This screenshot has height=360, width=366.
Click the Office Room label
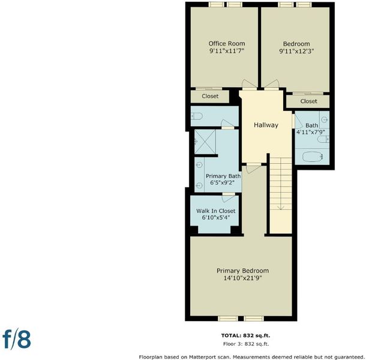tap(227, 44)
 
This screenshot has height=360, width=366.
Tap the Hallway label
tap(266, 125)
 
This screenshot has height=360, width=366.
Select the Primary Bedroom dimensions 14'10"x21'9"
tap(242, 278)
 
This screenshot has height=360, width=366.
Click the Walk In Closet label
tap(215, 211)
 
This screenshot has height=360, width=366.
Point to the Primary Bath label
tap(223, 176)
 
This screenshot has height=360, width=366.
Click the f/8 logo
tap(17, 339)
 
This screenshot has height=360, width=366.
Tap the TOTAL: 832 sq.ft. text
tap(245, 335)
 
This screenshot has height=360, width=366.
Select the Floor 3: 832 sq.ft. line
tap(246, 344)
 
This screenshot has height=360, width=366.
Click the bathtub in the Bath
tap(313, 157)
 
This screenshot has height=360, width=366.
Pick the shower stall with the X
tap(205, 142)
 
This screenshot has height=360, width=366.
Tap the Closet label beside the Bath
tap(308, 101)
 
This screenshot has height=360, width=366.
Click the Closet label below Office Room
tap(210, 96)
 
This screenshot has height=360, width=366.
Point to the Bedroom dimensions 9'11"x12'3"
tap(296, 51)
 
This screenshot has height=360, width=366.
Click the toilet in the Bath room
tap(323, 139)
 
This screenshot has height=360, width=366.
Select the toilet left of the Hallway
tap(197, 116)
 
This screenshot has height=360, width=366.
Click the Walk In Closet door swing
tap(228, 198)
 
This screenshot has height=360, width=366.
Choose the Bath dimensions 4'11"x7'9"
tap(311, 132)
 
